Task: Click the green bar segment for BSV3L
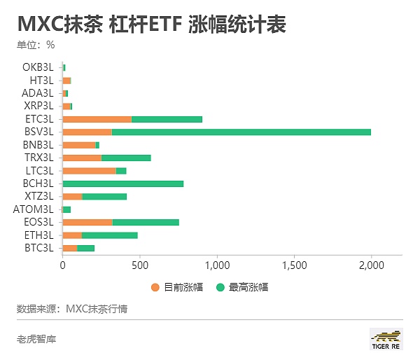pos(241,132)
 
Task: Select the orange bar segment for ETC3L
pos(97,119)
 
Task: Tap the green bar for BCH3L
pos(123,184)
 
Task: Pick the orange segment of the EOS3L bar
pos(87,222)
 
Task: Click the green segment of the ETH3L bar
pos(110,235)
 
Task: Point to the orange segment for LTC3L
pos(90,170)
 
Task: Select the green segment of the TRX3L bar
pos(126,158)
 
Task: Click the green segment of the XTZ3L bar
pos(104,196)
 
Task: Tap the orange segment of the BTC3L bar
pos(70,248)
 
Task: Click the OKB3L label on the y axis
pos(38,67)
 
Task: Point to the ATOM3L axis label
pos(33,209)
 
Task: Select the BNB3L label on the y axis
pos(38,145)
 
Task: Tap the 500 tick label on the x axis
pos(140,265)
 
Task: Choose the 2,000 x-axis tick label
pos(371,265)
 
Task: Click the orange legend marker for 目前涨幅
pos(155,287)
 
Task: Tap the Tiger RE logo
pos(386,339)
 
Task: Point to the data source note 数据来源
pos(72,308)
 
